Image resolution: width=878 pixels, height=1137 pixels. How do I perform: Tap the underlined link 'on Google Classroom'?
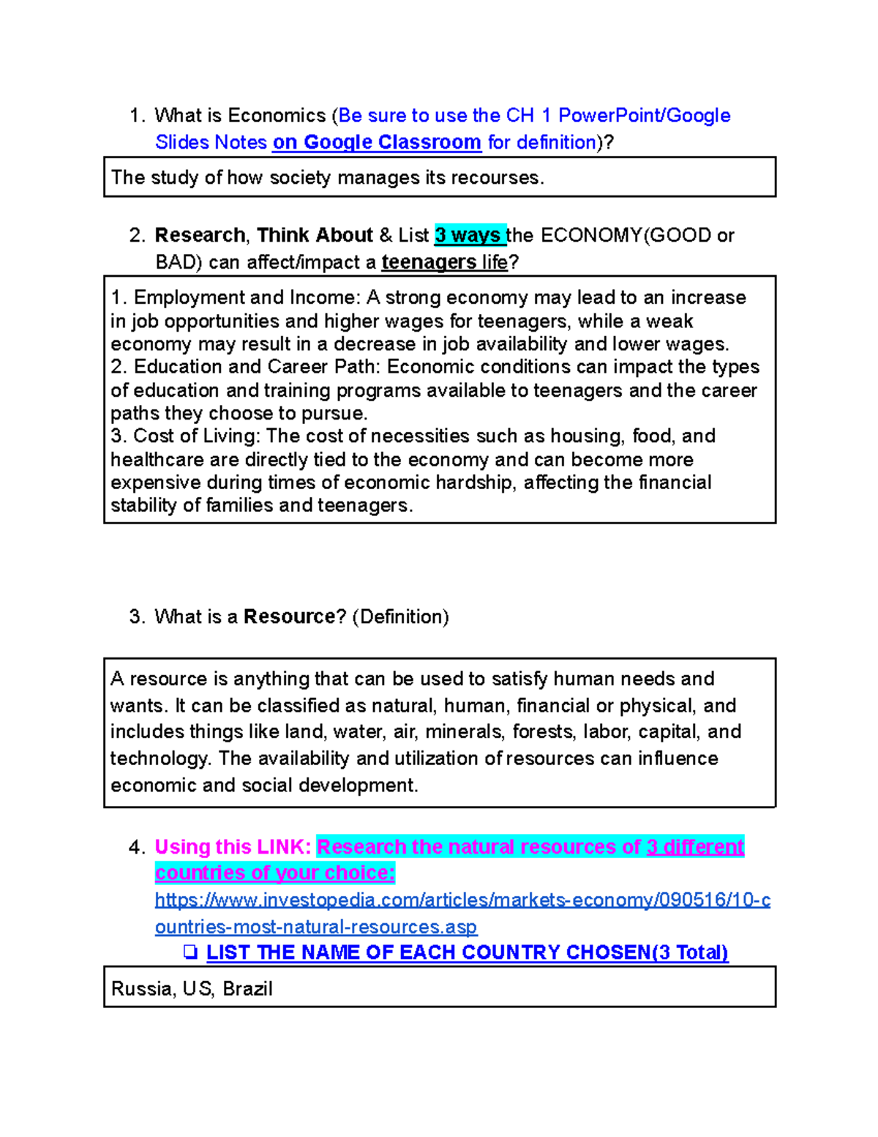click(377, 142)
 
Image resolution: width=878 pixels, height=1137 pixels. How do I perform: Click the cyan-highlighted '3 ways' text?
click(468, 235)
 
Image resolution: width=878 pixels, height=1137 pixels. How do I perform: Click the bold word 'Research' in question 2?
click(200, 235)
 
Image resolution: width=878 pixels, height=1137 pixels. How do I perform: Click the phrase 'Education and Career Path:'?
click(257, 367)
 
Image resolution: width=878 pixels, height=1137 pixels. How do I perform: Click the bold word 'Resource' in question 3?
click(289, 616)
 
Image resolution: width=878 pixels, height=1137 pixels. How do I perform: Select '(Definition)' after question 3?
click(400, 616)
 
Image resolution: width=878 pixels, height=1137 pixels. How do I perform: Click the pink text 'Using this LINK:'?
click(233, 847)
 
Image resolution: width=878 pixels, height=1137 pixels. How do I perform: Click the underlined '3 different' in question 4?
click(694, 847)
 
